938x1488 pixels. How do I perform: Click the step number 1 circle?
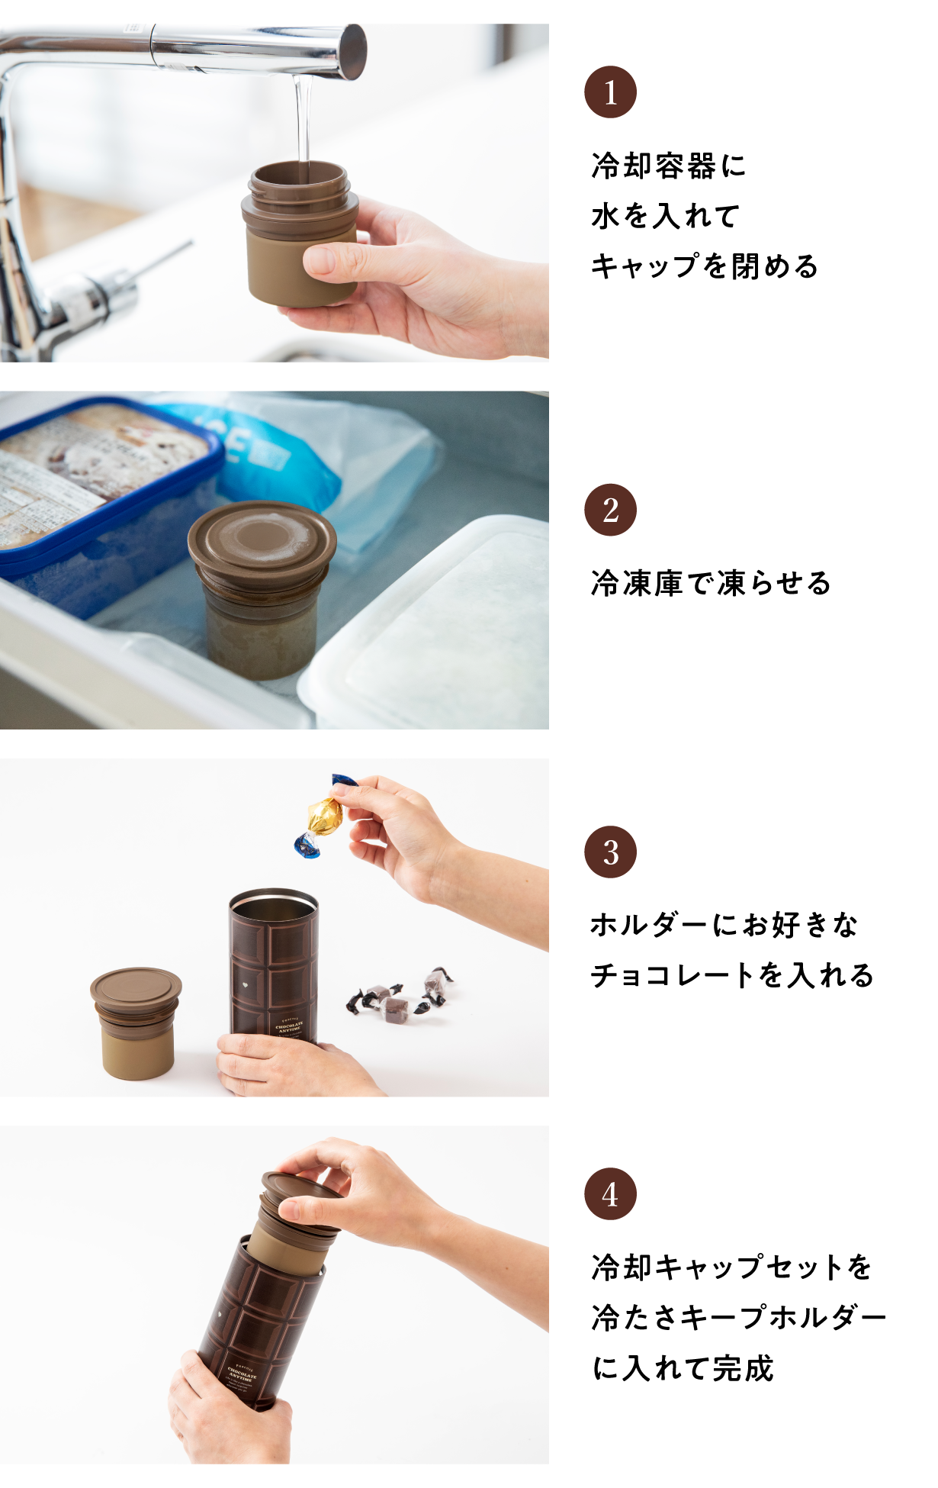610,92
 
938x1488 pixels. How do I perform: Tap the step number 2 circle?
610,510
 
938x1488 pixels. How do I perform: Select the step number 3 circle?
610,852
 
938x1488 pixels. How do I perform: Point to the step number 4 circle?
610,1193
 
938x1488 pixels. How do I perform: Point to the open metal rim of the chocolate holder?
274,903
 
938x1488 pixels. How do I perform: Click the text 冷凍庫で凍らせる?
710,583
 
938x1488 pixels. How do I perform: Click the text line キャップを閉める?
704,266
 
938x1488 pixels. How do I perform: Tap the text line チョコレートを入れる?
731,975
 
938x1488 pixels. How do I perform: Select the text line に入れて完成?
683,1367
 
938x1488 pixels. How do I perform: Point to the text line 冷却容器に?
668,166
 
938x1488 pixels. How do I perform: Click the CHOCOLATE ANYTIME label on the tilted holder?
243,1374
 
